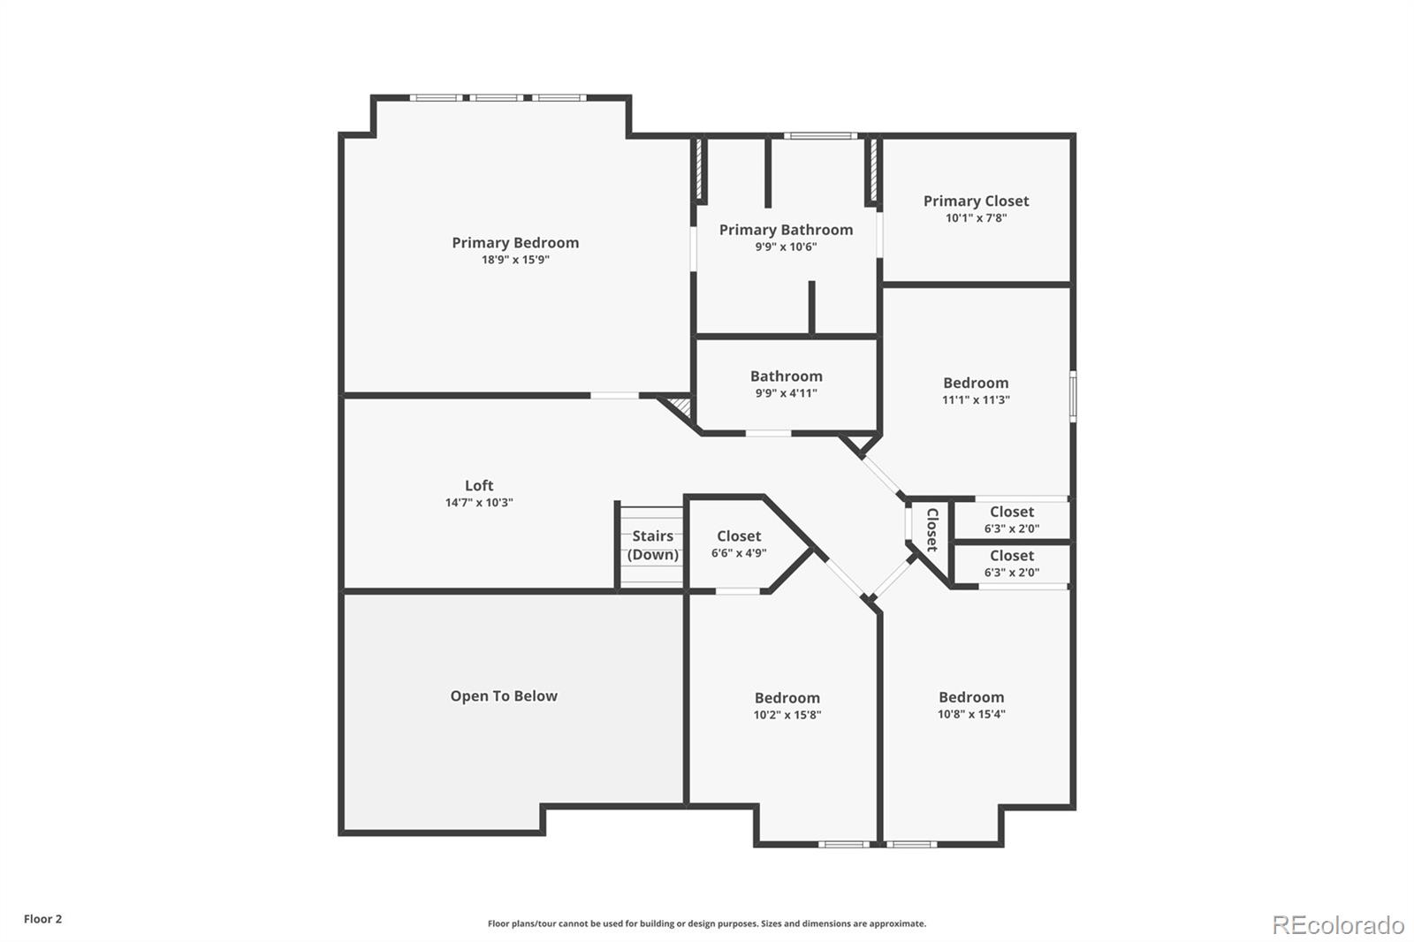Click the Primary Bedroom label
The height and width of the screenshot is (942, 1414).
pyautogui.click(x=515, y=242)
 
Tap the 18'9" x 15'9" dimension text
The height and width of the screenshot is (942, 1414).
pyautogui.click(x=515, y=260)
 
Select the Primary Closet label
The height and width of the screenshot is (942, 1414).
pyautogui.click(x=976, y=201)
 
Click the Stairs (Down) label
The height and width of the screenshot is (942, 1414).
pyautogui.click(x=652, y=545)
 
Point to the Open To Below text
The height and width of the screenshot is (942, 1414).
pyautogui.click(x=504, y=695)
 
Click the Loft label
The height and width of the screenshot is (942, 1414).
pyautogui.click(x=479, y=485)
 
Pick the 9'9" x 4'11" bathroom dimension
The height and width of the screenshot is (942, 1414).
pyautogui.click(x=786, y=393)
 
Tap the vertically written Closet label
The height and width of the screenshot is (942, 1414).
pyautogui.click(x=931, y=529)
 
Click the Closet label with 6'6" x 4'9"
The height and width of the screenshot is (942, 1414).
pyautogui.click(x=739, y=536)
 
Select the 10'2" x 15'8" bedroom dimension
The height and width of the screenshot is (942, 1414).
pyautogui.click(x=787, y=715)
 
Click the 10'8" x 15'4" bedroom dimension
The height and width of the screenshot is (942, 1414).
pyautogui.click(x=971, y=714)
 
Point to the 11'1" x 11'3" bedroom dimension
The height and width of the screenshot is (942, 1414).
pyautogui.click(x=976, y=399)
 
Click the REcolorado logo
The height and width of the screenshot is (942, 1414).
pyautogui.click(x=1338, y=924)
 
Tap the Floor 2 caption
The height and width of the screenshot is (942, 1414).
pyautogui.click(x=42, y=919)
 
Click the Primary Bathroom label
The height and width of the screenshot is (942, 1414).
pyautogui.click(x=786, y=230)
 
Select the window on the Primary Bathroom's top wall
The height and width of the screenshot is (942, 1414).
pyautogui.click(x=821, y=136)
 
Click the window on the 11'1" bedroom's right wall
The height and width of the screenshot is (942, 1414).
pyautogui.click(x=1073, y=395)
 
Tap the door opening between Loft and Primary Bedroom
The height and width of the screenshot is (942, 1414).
pyautogui.click(x=615, y=395)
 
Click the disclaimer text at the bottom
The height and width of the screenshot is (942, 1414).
pyautogui.click(x=707, y=923)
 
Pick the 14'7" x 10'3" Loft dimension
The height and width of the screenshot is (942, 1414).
pyautogui.click(x=479, y=503)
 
